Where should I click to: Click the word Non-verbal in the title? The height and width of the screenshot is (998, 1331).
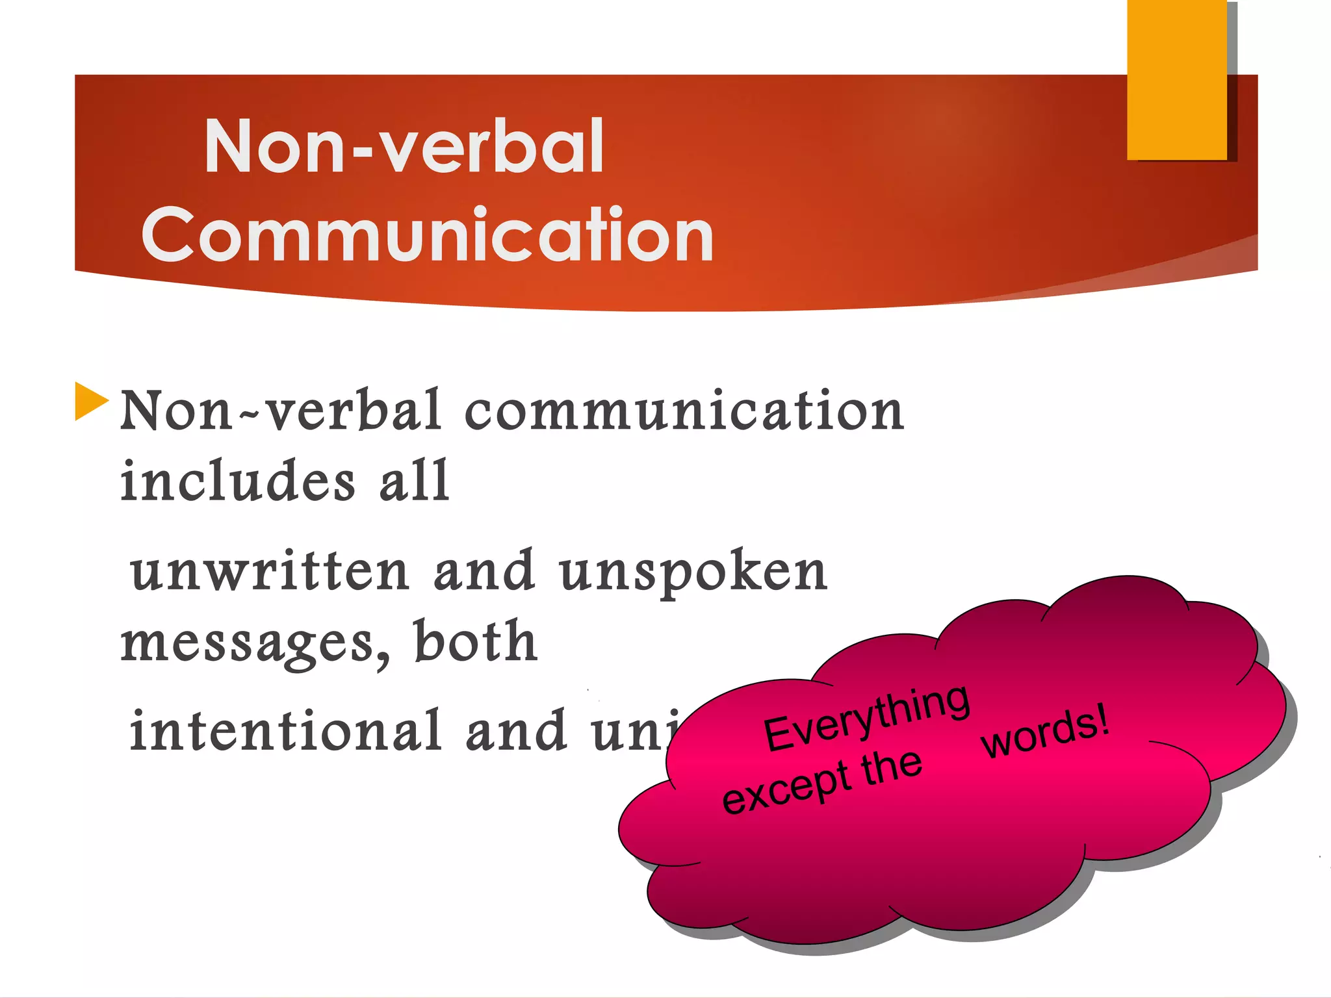[404, 147]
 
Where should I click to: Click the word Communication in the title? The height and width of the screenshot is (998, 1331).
[428, 235]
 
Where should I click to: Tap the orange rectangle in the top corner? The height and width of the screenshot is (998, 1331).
[1176, 79]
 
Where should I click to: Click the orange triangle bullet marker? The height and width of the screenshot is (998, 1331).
[90, 401]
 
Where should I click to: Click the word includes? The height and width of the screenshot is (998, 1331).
[238, 481]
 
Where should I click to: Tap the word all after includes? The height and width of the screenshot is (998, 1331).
[414, 481]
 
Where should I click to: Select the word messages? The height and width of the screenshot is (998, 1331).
[247, 643]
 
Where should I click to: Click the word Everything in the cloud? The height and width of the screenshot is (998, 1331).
[866, 717]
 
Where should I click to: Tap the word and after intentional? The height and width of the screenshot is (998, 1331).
[516, 732]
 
